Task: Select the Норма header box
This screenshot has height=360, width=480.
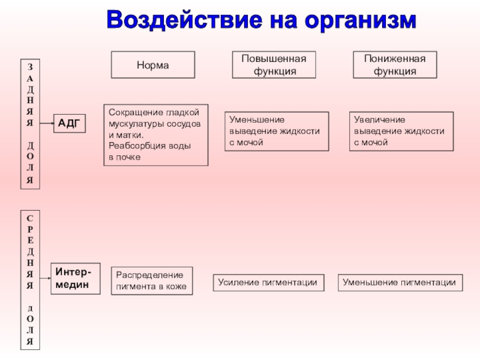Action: pos(153,65)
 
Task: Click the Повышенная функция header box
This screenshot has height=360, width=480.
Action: pos(274,65)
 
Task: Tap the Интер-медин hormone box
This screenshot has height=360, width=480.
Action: pos(74,278)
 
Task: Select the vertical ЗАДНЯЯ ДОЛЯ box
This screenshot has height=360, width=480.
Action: pos(30,124)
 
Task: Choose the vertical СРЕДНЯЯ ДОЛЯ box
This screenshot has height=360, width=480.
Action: pos(30,279)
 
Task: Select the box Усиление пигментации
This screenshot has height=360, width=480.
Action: pos(268,283)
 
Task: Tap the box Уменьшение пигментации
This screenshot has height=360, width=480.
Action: pos(400,283)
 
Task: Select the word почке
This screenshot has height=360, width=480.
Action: pos(128,157)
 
